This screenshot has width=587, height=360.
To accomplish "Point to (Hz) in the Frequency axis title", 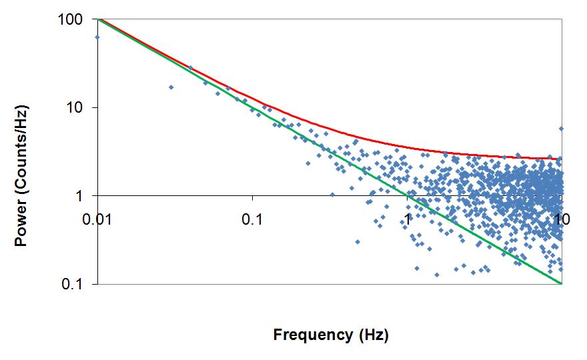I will pyautogui.click(x=374, y=334).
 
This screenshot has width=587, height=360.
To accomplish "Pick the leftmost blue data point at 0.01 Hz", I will pyautogui.click(x=97, y=37).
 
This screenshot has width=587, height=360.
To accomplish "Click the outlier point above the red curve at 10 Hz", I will pyautogui.click(x=561, y=129).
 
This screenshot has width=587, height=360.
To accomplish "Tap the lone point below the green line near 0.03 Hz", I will pyautogui.click(x=171, y=87).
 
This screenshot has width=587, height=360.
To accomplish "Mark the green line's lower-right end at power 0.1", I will pyautogui.click(x=561, y=283).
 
